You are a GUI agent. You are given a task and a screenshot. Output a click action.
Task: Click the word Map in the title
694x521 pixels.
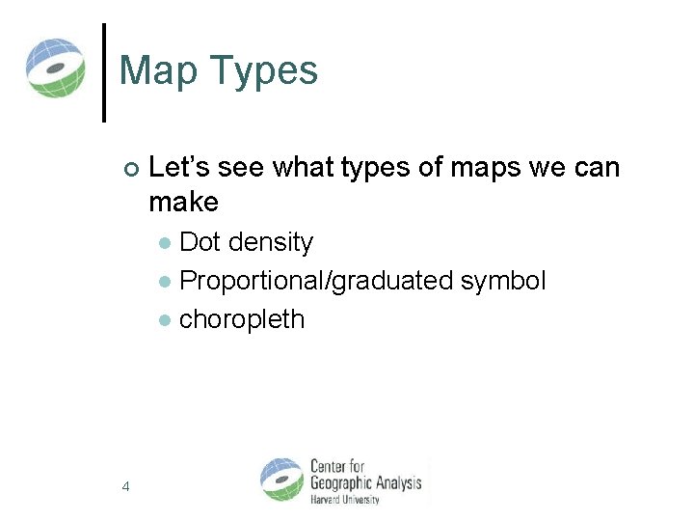[x=156, y=71]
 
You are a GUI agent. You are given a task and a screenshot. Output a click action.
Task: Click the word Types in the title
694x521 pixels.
[x=263, y=71]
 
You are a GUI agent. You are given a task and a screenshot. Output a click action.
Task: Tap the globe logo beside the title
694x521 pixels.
[x=56, y=68]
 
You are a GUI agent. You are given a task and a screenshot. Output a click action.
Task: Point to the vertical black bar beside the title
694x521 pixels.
[x=104, y=72]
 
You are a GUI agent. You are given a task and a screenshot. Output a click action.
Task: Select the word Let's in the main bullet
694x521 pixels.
[x=180, y=168]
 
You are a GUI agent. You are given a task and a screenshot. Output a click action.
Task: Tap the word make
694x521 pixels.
[x=183, y=203]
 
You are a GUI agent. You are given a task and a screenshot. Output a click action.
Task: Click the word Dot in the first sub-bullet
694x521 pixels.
[x=200, y=241]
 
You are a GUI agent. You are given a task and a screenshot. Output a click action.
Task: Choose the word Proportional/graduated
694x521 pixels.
[x=317, y=281]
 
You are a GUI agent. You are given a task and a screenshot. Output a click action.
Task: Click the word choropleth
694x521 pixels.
[x=242, y=319]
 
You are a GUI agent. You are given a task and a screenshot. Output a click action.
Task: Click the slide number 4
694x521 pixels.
[x=125, y=486]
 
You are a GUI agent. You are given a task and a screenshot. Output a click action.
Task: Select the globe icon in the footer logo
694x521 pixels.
[x=281, y=480]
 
